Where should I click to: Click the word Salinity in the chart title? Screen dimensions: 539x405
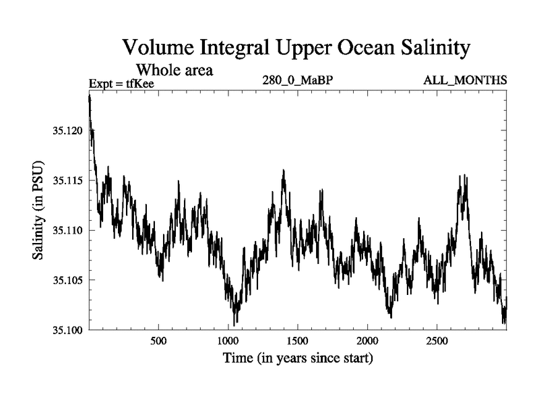tap(435, 48)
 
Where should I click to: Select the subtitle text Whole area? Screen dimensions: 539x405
tap(175, 70)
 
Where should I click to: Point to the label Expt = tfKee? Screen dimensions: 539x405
tap(121, 83)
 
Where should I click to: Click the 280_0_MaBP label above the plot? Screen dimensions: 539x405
tap(298, 80)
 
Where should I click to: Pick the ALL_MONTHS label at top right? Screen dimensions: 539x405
tap(465, 80)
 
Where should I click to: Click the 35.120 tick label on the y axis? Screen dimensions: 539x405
tap(68, 131)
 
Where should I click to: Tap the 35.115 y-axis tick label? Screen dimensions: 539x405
tap(68, 180)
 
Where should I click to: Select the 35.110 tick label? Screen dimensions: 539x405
tap(68, 230)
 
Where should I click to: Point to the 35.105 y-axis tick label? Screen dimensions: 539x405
tap(68, 280)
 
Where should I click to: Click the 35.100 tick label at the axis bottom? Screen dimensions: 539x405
tap(68, 330)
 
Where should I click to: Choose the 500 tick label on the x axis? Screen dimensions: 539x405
tap(158, 342)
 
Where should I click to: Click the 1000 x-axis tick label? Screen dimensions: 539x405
tap(228, 342)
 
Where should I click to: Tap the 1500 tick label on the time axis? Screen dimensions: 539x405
tap(297, 342)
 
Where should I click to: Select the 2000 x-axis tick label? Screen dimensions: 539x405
tap(367, 342)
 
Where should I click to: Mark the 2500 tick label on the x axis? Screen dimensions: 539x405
tap(437, 342)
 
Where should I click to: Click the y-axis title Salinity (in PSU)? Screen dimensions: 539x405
tap(38, 210)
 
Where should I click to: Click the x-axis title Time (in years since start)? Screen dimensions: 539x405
tap(298, 358)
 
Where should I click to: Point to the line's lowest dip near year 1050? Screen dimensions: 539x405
tap(234, 325)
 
